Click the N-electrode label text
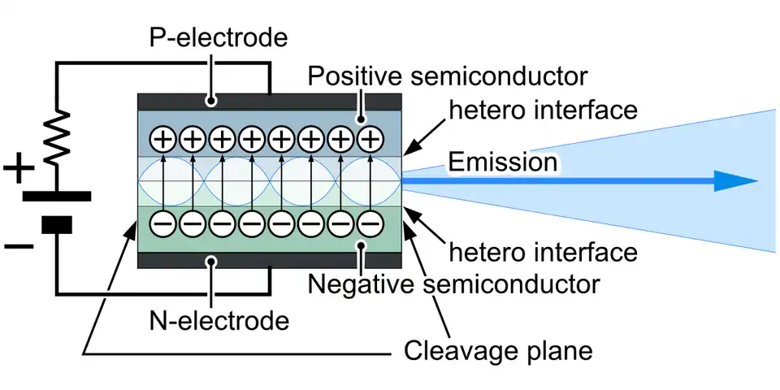(x=219, y=320)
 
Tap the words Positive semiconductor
(x=447, y=78)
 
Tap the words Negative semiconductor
(x=453, y=284)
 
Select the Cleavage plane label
(x=498, y=351)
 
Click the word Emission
(x=503, y=162)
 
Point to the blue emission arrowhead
(x=734, y=182)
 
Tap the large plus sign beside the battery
(x=19, y=172)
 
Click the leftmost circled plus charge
(x=162, y=140)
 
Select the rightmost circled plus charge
(x=370, y=140)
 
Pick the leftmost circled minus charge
(x=162, y=222)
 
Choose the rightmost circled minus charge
(x=370, y=222)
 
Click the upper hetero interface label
(x=543, y=109)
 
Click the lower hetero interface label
(x=543, y=252)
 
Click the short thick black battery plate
(x=57, y=223)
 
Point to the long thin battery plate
(x=57, y=196)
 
